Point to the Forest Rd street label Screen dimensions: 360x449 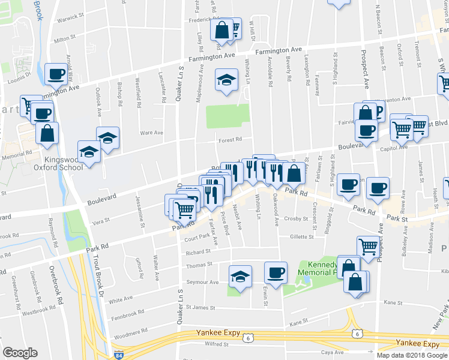coord(230,139)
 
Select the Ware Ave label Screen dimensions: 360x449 coord(151,133)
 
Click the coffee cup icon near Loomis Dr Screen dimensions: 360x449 coord(56,74)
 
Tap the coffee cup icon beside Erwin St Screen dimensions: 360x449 coord(276,273)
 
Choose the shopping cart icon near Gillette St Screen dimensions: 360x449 coord(368,245)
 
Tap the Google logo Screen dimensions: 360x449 coord(20,353)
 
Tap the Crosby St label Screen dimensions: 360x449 coord(295,218)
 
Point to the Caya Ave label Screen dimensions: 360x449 coord(332,352)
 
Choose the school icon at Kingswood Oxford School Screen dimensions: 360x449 coord(88,152)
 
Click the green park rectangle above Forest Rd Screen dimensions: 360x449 coord(228,116)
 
